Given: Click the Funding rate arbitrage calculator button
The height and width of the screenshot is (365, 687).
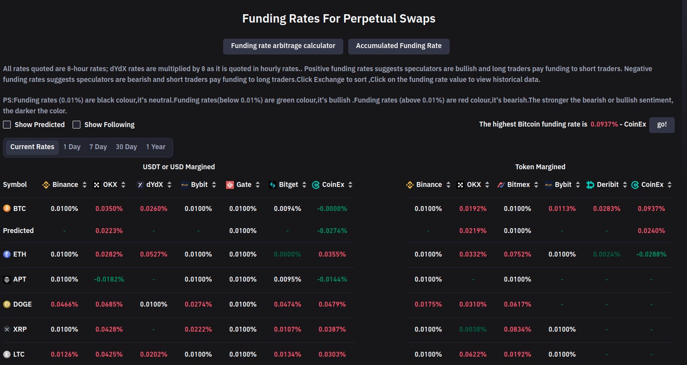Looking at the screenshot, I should [x=283, y=46].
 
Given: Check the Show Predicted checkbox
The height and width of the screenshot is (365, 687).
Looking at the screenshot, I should [x=7, y=125].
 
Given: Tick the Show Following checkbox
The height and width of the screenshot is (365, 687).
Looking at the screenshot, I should [x=76, y=125].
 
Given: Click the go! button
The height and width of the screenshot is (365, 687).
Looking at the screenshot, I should [x=662, y=125].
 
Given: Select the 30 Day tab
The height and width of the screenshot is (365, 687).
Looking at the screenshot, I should [x=126, y=147].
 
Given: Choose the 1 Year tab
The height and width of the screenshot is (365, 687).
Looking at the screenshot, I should [x=155, y=147].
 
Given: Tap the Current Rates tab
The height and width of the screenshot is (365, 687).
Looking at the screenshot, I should [x=32, y=147].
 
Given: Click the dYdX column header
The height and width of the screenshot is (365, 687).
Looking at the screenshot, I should [x=154, y=185].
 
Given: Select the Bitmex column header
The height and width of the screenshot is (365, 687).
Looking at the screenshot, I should [x=518, y=185].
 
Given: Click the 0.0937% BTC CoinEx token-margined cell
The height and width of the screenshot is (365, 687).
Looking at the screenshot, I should [x=651, y=209].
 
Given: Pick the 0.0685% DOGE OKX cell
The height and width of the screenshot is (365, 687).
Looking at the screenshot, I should [x=109, y=305].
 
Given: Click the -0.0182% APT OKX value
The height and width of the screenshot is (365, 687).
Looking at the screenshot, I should [x=109, y=280].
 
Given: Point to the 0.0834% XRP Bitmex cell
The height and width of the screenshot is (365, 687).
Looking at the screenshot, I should [x=517, y=330].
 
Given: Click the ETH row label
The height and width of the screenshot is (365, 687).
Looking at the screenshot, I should [x=20, y=255].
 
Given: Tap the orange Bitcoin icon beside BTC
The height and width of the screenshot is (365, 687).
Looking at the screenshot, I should [x=7, y=209].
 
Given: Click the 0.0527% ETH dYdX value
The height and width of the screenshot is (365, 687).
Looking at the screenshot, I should [x=153, y=255].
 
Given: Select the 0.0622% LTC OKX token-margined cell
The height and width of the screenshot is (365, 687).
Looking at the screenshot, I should [x=473, y=355].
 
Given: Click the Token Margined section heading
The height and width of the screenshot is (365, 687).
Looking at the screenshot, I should [x=540, y=167].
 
